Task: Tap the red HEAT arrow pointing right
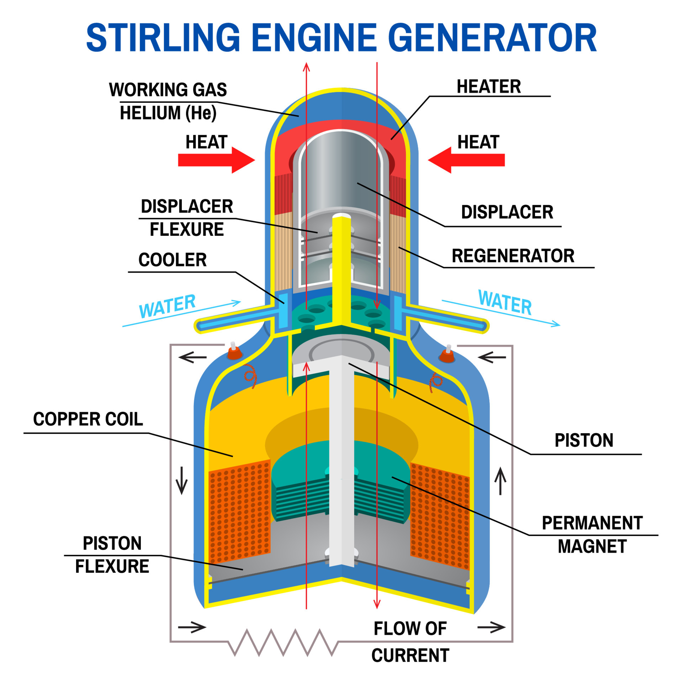tap(216, 160)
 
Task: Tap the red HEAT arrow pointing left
tap(466, 160)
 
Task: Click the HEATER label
tap(489, 86)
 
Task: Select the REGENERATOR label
tap(513, 256)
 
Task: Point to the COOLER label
tap(173, 260)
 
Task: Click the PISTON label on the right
tap(584, 440)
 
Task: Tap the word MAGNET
tap(592, 546)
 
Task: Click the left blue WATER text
tap(167, 306)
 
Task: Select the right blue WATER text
tap(505, 302)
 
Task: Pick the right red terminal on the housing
tap(448, 354)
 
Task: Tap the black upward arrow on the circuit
tap(501, 481)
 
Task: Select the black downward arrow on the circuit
tap(182, 481)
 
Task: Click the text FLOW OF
tap(410, 629)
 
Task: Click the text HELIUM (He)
tap(168, 113)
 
